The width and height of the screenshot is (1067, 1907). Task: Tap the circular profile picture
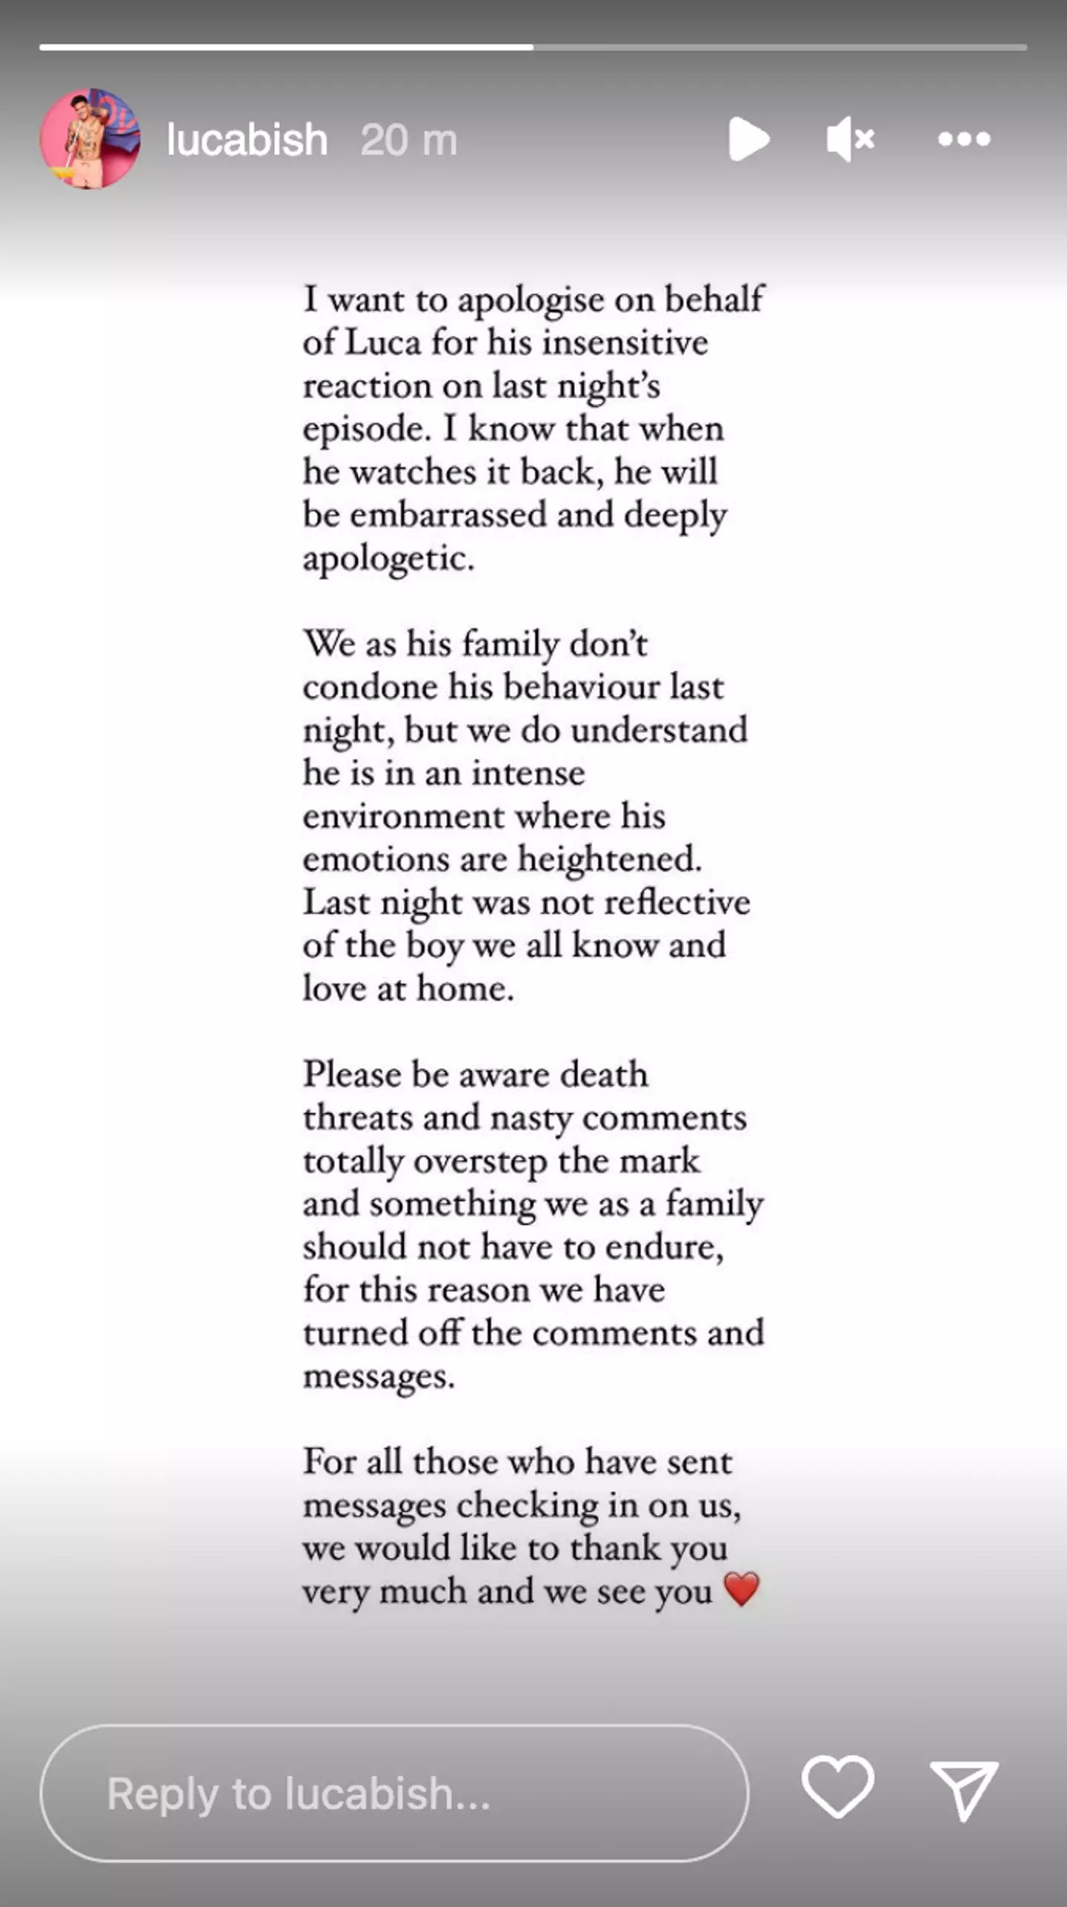[x=90, y=139]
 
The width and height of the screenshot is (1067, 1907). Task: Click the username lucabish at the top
[x=247, y=139]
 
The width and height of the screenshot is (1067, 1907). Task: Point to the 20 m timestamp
[x=408, y=139]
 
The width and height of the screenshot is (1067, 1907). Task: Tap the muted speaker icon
[x=850, y=139]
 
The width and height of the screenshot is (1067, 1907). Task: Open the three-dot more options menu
[x=963, y=139]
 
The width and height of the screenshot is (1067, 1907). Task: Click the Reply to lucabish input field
[x=393, y=1793]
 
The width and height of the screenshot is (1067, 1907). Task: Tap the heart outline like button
[x=837, y=1787]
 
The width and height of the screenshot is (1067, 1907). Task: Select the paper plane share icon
[x=963, y=1790]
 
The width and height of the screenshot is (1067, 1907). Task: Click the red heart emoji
[x=742, y=1589]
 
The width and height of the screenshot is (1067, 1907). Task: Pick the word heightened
[x=609, y=860]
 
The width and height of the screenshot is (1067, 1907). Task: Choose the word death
[x=603, y=1075]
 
